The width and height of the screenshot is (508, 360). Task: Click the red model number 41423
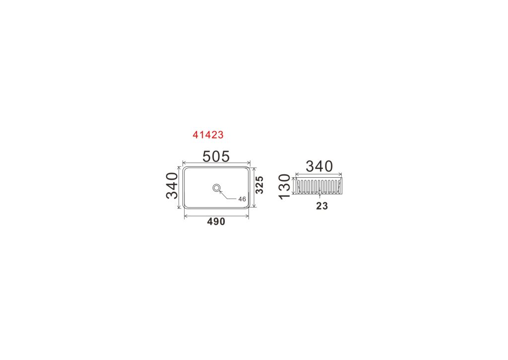pyautogui.click(x=208, y=135)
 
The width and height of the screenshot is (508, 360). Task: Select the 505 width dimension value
pyautogui.click(x=216, y=156)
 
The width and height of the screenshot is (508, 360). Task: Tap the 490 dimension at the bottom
pyautogui.click(x=216, y=221)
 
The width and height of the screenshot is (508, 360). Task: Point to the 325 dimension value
pyautogui.click(x=259, y=185)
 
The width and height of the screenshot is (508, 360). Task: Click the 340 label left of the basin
pyautogui.click(x=172, y=186)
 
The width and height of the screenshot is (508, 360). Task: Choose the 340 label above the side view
pyautogui.click(x=319, y=166)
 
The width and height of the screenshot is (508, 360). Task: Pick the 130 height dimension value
pyautogui.click(x=285, y=187)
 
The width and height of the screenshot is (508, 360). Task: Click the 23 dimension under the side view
pyautogui.click(x=322, y=206)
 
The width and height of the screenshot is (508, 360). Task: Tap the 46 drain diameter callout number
pyautogui.click(x=242, y=199)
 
